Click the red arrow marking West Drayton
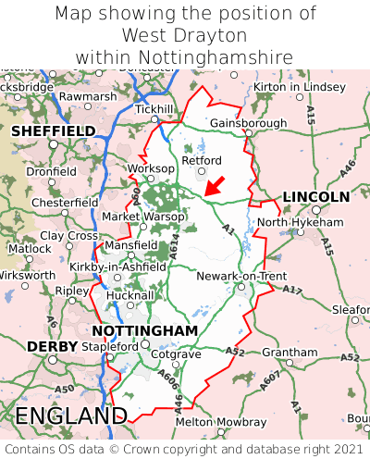(x=214, y=186)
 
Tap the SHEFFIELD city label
(x=53, y=131)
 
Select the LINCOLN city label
(x=315, y=197)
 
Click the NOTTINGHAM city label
(x=144, y=330)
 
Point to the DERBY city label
(x=45, y=346)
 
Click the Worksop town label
(x=150, y=168)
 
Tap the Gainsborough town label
(x=248, y=123)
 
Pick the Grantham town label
(x=290, y=353)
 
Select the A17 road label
(x=291, y=291)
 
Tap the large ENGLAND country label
(x=70, y=416)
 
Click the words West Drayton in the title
(x=184, y=35)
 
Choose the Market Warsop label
(x=142, y=217)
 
